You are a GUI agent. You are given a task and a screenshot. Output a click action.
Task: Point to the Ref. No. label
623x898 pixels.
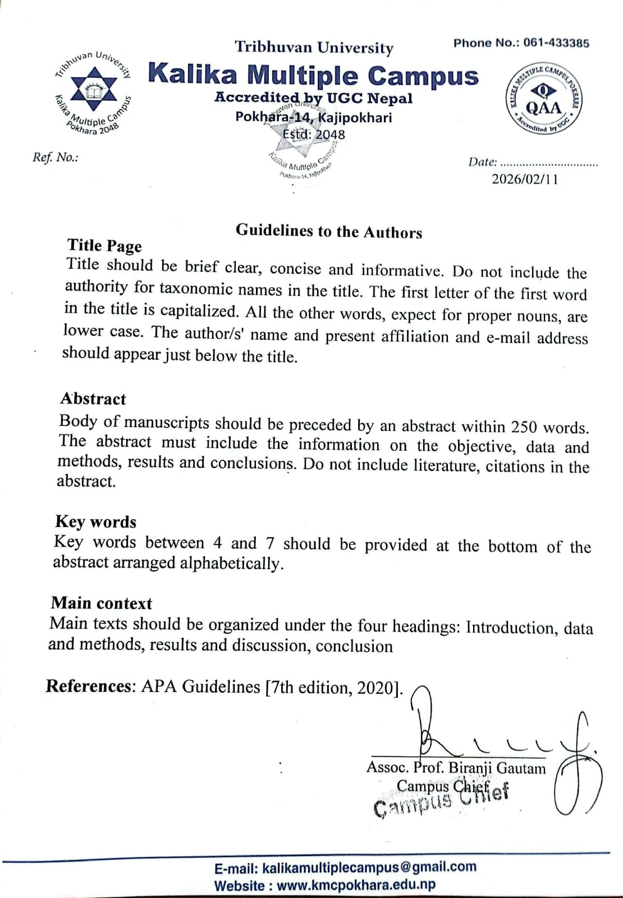tap(55, 157)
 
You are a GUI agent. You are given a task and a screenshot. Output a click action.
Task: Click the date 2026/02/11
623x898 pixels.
tap(525, 179)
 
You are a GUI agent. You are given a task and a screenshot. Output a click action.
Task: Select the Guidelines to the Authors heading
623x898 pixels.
tap(329, 231)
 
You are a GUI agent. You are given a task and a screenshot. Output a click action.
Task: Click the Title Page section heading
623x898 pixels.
tap(104, 246)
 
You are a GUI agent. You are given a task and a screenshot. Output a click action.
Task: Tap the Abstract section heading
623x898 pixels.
tap(93, 398)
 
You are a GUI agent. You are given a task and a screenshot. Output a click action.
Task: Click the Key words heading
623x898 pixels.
tap(95, 521)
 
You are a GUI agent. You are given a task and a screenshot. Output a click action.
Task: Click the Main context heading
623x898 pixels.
tap(102, 603)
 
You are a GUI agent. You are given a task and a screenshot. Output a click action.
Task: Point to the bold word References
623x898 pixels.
tap(89, 686)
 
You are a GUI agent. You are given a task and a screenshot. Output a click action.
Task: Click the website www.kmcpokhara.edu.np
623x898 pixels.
tap(356, 886)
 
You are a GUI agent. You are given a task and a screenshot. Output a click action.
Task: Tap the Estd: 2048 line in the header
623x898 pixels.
tap(314, 135)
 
